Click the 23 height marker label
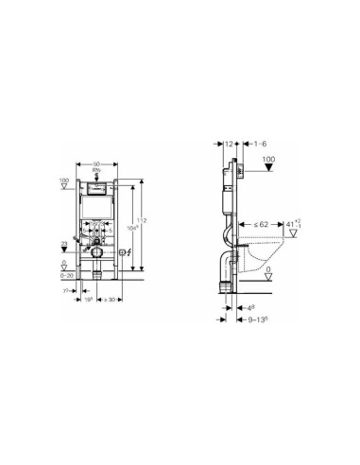click(65, 244)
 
